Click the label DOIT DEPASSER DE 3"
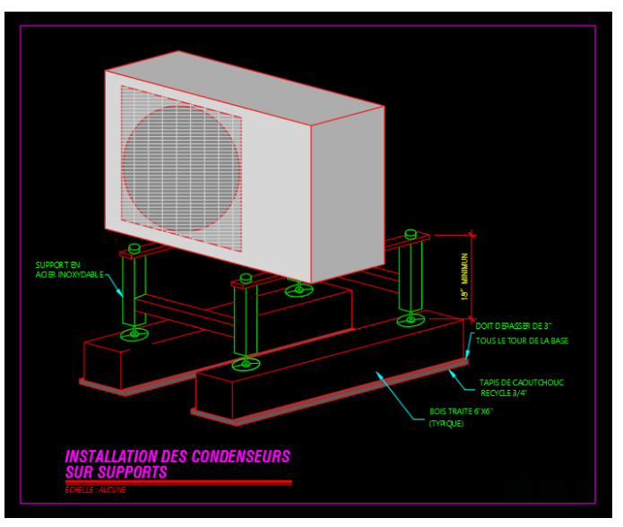pos(513,326)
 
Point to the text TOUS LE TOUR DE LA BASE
pos(522,341)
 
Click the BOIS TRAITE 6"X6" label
pos(461,411)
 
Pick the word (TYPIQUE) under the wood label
pos(446,423)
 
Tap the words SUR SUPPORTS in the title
pos(117,471)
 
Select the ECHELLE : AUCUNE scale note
pos(96,489)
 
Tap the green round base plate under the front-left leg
pos(134,334)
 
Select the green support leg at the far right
pos(411,278)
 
